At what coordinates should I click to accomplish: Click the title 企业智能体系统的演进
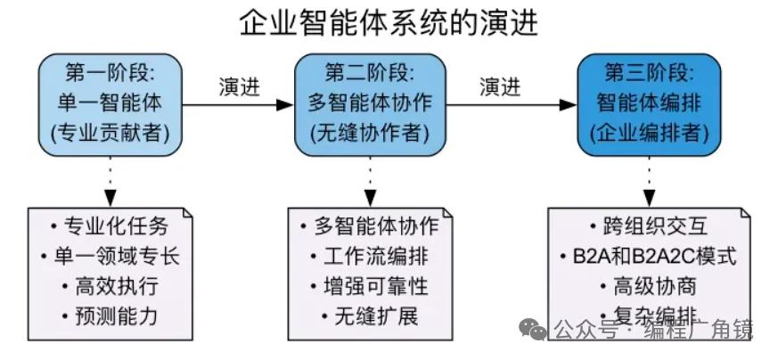tap(389, 21)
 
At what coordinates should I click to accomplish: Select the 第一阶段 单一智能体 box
tap(110, 104)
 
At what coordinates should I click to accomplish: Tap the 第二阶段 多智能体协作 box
tap(370, 104)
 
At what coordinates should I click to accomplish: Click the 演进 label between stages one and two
tap(240, 87)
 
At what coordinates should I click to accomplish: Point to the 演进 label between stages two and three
tap(501, 87)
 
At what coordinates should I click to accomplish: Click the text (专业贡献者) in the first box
tap(110, 134)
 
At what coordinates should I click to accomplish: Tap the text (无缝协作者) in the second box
tap(370, 134)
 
